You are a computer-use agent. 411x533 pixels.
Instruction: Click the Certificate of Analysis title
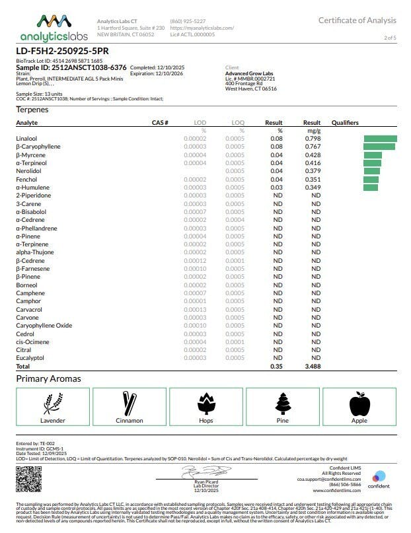[x=357, y=20]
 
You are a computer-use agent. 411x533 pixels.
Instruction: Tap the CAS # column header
[x=160, y=123]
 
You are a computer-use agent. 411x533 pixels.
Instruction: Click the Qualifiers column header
[x=345, y=123]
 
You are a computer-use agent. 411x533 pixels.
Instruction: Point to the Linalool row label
[x=27, y=139]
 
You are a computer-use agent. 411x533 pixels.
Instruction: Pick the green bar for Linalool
[x=380, y=139]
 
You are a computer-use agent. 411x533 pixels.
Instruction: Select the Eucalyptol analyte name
[x=29, y=358]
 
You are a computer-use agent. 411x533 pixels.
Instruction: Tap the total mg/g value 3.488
[x=313, y=366]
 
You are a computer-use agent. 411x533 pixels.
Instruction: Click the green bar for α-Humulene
[x=371, y=188]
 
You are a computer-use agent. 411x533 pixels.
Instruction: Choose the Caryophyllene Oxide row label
[x=44, y=326]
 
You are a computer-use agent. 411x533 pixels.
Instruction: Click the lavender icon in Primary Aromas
[x=53, y=403]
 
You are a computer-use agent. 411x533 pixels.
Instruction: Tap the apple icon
[x=359, y=403]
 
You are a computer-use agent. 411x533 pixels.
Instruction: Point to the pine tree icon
[x=282, y=403]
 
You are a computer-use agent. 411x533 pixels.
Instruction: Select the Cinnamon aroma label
[x=130, y=420]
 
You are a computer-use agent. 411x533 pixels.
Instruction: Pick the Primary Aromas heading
[x=48, y=379]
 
